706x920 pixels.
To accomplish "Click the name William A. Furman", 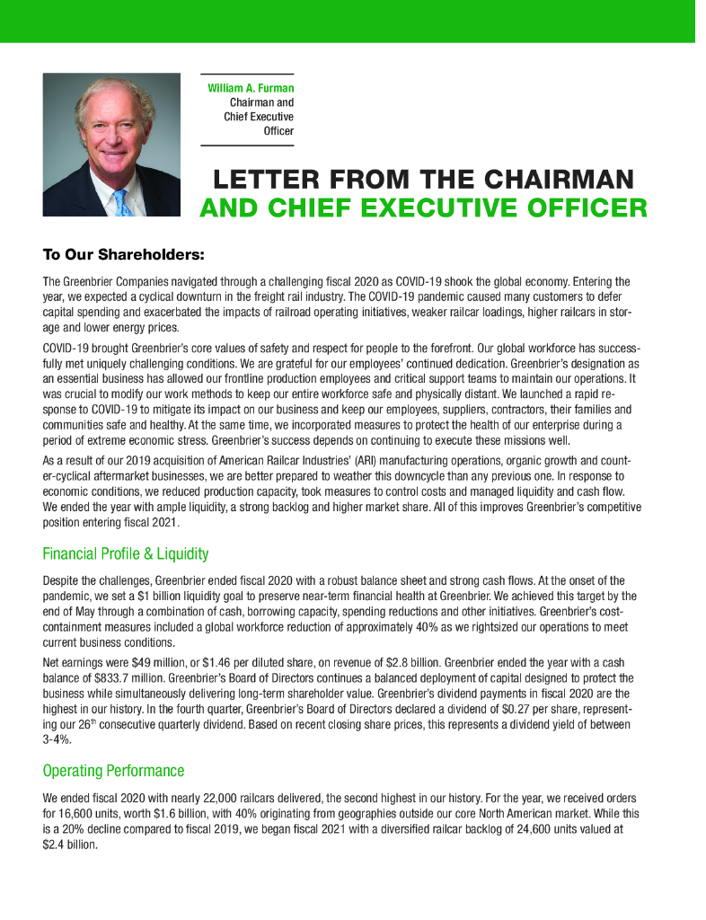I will coord(251,88).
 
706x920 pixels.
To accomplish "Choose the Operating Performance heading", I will coord(113,771).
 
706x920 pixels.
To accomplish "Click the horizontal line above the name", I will coord(247,74).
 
